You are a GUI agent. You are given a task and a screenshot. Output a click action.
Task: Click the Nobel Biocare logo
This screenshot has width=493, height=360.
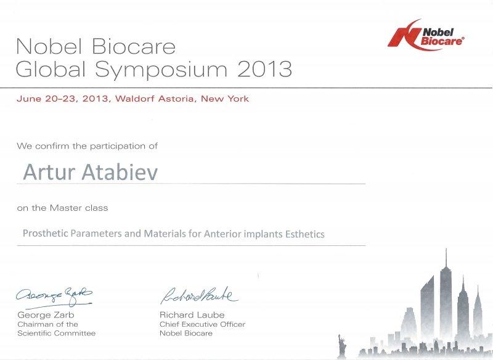click(426, 35)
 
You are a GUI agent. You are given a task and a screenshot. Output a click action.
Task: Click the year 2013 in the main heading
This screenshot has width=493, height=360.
click(264, 69)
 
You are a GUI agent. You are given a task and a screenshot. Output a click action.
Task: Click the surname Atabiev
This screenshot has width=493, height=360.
click(119, 173)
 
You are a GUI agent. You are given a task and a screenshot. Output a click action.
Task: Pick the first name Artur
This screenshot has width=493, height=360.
click(49, 173)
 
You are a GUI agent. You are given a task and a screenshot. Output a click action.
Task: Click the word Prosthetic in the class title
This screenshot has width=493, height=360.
click(45, 233)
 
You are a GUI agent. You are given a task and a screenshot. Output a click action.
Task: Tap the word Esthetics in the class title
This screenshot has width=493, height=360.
click(304, 234)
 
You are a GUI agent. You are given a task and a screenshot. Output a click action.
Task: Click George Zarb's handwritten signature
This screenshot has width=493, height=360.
click(54, 297)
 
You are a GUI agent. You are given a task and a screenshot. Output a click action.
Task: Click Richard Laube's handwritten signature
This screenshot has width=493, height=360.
click(199, 295)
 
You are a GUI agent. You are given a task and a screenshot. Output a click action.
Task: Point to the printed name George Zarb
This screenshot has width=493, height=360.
click(46, 315)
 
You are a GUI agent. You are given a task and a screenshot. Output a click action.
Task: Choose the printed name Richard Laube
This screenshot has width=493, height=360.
click(192, 315)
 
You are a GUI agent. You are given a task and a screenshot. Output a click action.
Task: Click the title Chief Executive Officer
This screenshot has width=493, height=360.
click(203, 324)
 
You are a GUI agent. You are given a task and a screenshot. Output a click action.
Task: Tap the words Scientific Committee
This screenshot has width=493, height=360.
click(57, 333)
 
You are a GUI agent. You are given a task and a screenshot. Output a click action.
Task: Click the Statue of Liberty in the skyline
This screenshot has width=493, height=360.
click(341, 345)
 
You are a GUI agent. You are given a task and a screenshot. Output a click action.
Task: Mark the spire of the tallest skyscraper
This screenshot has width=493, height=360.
click(446, 257)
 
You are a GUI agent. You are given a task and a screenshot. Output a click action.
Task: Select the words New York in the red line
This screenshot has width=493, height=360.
click(225, 99)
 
